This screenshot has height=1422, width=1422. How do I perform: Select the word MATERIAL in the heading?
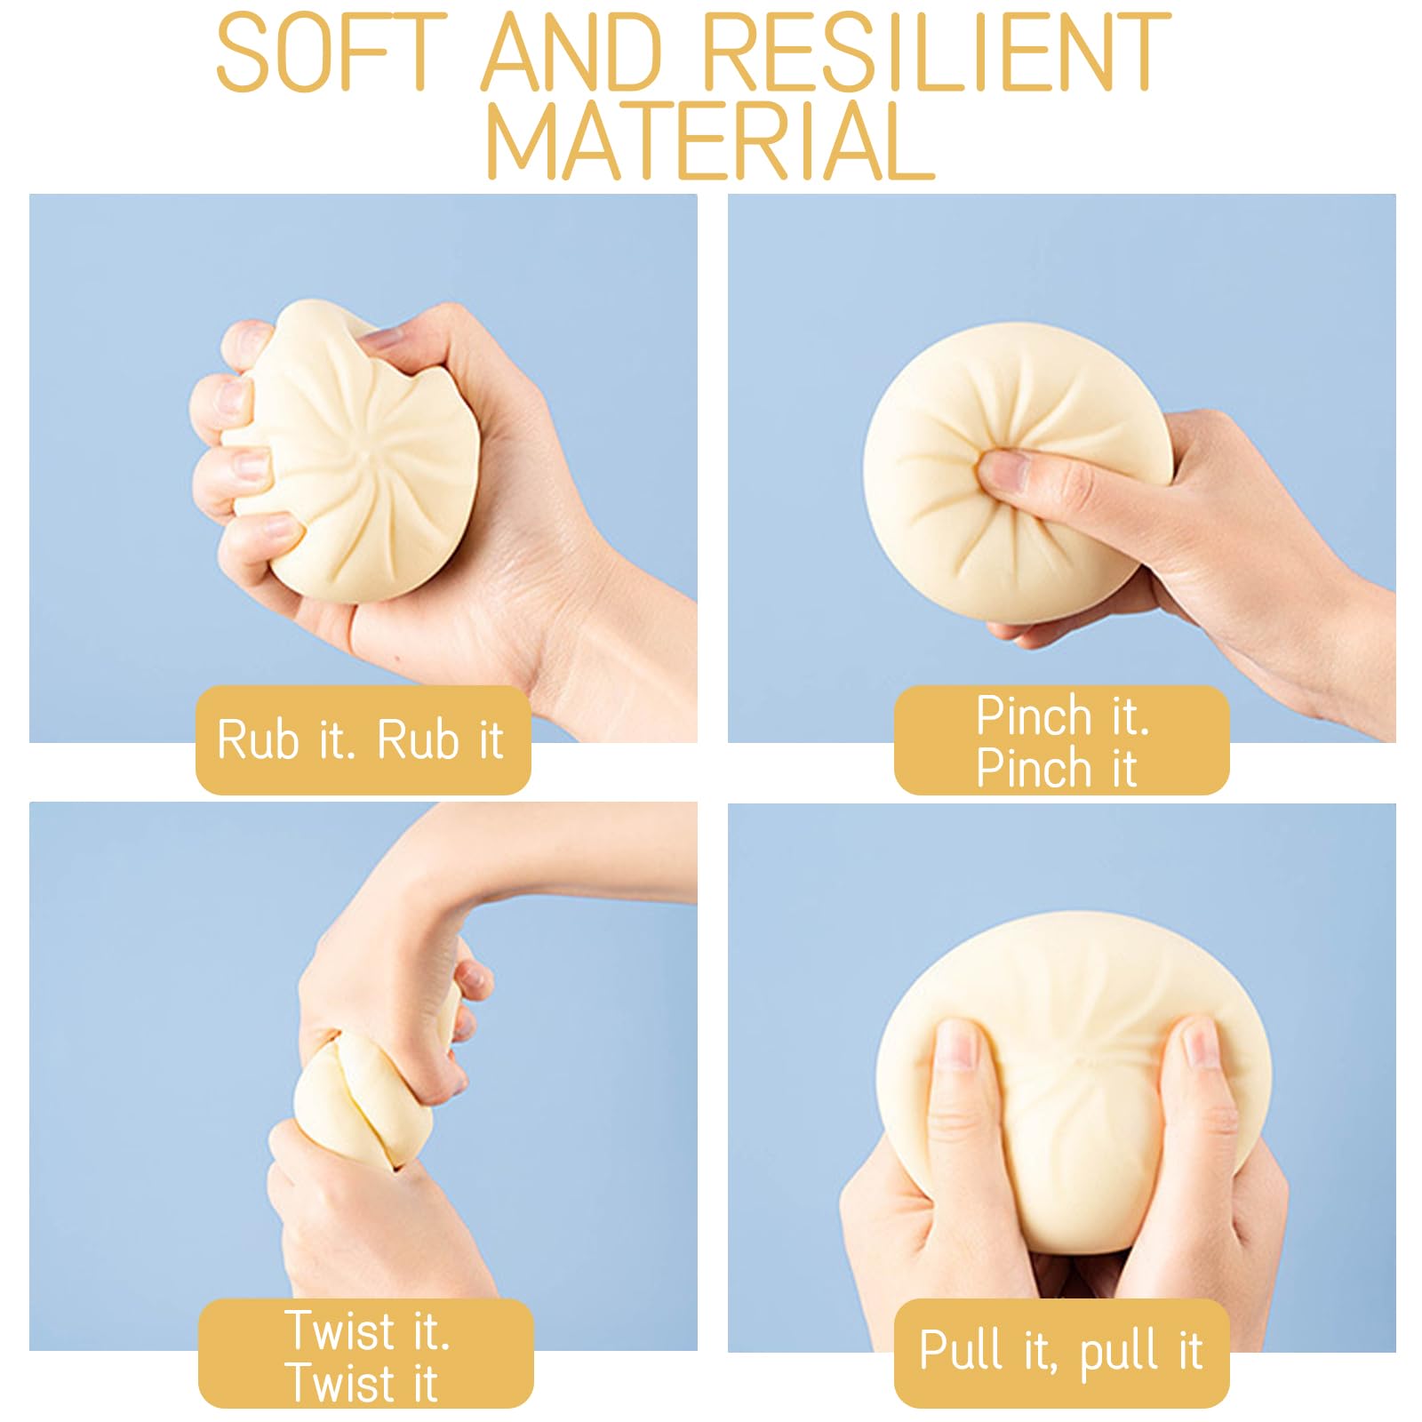pyautogui.click(x=710, y=140)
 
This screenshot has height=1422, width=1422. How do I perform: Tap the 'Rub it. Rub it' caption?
pyautogui.click(x=361, y=739)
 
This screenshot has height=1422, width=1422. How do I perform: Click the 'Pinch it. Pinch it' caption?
pyautogui.click(x=1062, y=741)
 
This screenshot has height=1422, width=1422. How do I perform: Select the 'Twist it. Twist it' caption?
pyautogui.click(x=366, y=1356)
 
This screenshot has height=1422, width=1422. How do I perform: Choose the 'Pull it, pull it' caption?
pyautogui.click(x=1061, y=1351)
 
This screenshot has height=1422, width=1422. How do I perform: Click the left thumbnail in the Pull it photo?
pyautogui.click(x=957, y=1044)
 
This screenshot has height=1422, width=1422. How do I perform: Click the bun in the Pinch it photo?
pyautogui.click(x=1013, y=471)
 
